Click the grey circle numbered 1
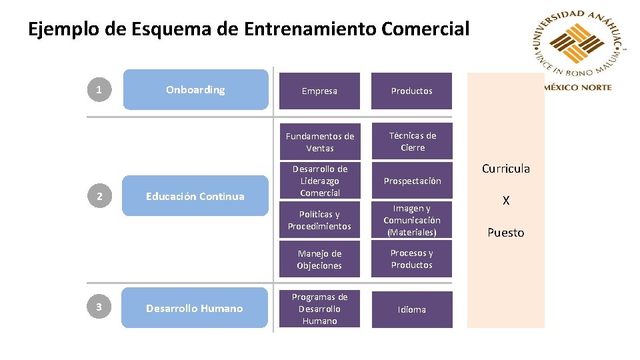[x=99, y=89]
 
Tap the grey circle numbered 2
[x=99, y=196]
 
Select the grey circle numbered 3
[x=99, y=307]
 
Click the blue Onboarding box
[x=195, y=89]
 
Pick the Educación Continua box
[x=195, y=196]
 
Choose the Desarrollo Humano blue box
[x=195, y=308]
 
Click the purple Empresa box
[x=319, y=91]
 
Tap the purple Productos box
[x=411, y=91]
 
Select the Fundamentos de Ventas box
[x=319, y=141]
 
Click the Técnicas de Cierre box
[x=411, y=141]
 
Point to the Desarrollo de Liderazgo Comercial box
[x=319, y=180]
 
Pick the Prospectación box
[x=411, y=181]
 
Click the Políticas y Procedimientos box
[x=319, y=220]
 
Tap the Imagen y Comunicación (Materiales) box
[x=411, y=220]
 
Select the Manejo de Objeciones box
[x=319, y=259]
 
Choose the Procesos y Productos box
[x=411, y=259]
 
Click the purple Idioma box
[x=411, y=309]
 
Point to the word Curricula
[x=505, y=169]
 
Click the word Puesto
[x=505, y=233]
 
